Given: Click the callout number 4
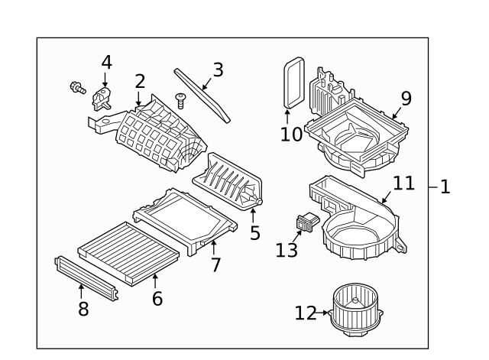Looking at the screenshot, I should click(x=105, y=61).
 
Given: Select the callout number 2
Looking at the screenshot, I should click(x=140, y=81).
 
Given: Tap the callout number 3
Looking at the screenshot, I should click(x=218, y=70).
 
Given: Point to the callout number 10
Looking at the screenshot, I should click(x=290, y=135).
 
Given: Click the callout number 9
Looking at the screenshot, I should click(x=406, y=98).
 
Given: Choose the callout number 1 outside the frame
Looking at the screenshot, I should click(x=445, y=186).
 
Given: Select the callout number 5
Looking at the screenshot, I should click(x=255, y=231).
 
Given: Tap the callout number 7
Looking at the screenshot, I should click(x=215, y=265).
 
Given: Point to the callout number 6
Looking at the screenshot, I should click(x=157, y=298).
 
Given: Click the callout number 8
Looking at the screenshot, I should click(x=83, y=309).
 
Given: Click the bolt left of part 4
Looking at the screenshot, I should click(x=76, y=88).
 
